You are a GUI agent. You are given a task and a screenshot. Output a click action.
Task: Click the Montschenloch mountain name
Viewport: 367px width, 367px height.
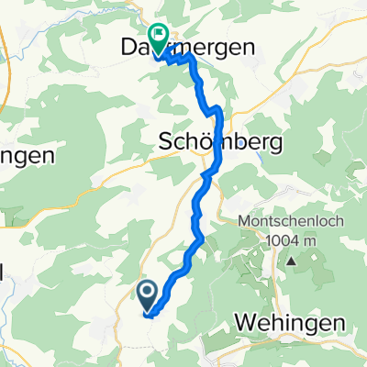point(291,223)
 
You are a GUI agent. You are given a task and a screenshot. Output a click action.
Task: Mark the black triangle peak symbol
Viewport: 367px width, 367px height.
point(291,260)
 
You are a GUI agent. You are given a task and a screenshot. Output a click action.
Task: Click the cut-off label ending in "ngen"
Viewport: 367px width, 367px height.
point(26,155)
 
